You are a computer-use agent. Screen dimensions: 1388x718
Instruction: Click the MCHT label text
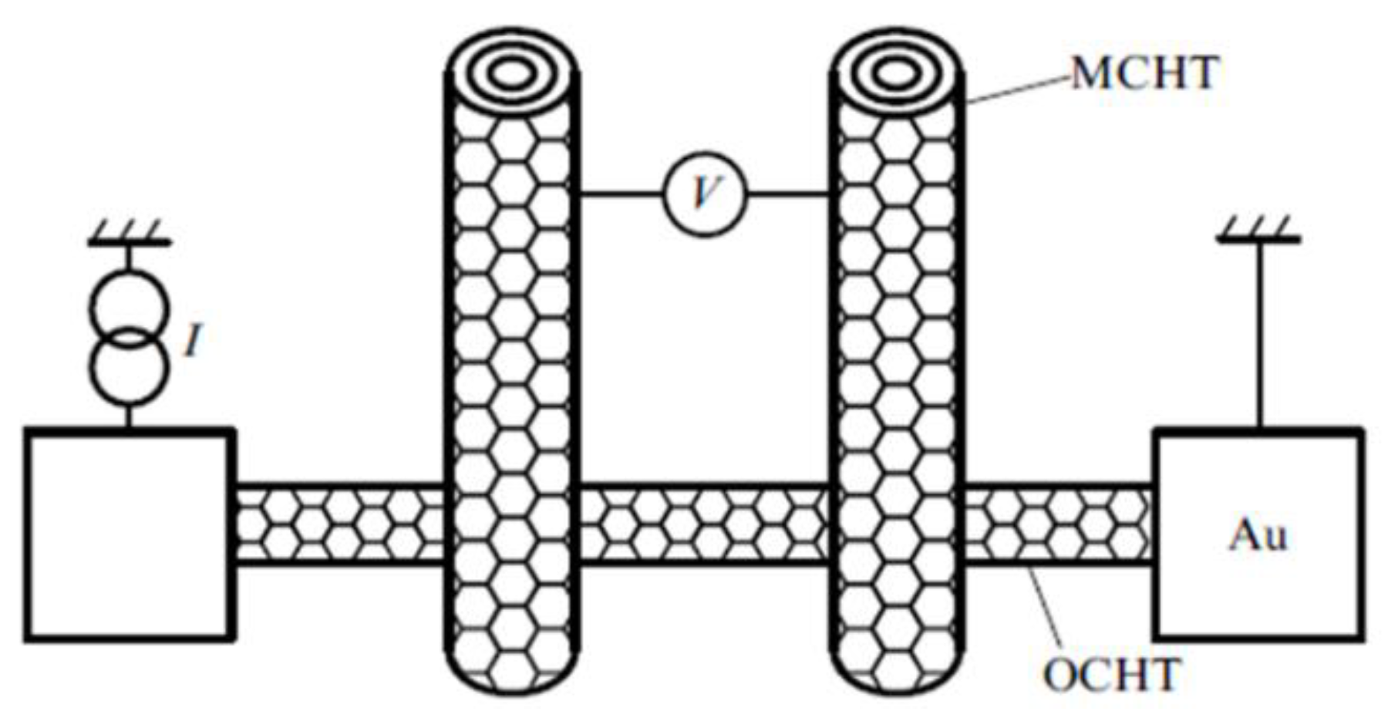pos(1144,74)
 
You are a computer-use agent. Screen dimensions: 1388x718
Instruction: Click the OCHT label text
pos(1112,676)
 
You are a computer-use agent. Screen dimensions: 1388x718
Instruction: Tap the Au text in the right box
pos(1258,535)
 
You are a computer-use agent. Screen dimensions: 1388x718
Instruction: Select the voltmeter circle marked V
pos(705,194)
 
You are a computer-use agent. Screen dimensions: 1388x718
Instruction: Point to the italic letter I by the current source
pos(193,340)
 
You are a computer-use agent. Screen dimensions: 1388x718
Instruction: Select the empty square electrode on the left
pos(129,534)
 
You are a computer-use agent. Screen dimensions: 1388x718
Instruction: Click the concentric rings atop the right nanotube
pos(895,75)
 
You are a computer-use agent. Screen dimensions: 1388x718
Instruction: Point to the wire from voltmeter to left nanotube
pos(621,194)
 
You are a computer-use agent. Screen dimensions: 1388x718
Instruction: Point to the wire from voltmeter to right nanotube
pos(788,194)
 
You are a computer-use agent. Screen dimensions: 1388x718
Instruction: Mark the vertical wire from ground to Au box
pos(1260,332)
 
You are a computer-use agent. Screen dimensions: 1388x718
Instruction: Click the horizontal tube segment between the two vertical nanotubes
pos(703,524)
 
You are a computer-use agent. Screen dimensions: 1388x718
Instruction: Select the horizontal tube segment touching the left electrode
pos(339,524)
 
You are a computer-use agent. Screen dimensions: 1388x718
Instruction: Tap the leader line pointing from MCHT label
pos(1018,89)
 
